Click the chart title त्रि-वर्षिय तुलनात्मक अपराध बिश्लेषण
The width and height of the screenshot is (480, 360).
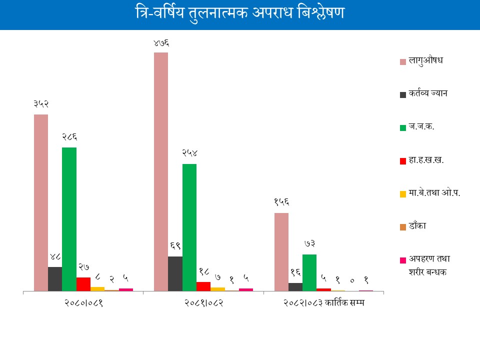click(240, 13)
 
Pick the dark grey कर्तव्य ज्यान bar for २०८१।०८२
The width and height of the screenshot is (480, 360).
click(175, 273)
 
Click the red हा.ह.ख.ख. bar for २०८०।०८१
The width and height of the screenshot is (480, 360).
click(83, 284)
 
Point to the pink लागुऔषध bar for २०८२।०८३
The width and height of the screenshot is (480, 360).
click(281, 252)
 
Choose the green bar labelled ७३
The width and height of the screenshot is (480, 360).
click(309, 272)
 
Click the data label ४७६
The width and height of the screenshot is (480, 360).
click(161, 43)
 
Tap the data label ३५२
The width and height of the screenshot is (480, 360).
click(41, 104)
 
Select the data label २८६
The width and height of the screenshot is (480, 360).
click(69, 137)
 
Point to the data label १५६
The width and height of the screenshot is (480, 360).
click(281, 202)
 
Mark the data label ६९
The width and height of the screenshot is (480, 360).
click(175, 246)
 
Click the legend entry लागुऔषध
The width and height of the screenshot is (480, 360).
click(426, 61)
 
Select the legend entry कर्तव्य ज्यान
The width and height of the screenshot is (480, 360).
click(427, 93)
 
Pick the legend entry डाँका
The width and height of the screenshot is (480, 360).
click(417, 226)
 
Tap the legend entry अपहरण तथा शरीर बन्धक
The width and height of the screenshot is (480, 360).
click(429, 265)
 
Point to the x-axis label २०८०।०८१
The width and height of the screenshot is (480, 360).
click(83, 303)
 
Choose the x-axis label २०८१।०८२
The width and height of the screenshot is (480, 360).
click(203, 303)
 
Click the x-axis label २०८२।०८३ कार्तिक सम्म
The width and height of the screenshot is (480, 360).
click(324, 303)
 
